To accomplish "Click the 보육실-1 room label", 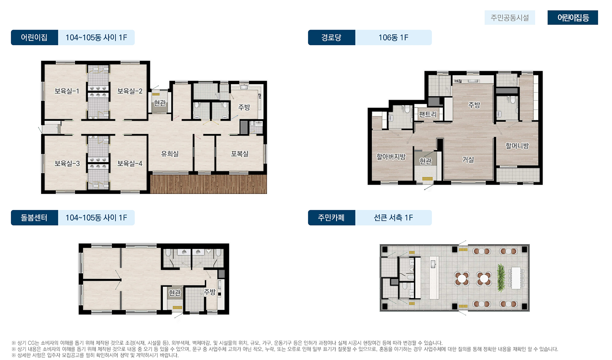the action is pos(67,91).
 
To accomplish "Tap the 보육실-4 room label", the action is pos(130,164).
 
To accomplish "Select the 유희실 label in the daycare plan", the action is pos(170,154).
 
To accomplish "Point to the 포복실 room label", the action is pos(240,154).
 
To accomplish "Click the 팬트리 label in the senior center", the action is pos(427,114).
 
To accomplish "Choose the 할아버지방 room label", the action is pos(391,157).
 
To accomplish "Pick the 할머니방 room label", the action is pos(517,146).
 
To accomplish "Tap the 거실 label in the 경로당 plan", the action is pos(468,160).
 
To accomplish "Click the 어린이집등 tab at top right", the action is pos(573,18).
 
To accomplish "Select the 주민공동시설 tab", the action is pos(510,18).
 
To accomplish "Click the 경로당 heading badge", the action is pos(331,37).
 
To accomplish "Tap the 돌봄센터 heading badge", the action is pos(34,218).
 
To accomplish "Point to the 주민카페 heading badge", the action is pos(331,218).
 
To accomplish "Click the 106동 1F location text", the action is pos(393,37).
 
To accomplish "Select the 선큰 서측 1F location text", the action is pos(393,218).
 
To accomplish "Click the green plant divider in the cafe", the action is pos(500,278).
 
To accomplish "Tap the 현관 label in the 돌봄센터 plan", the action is pos(175,293).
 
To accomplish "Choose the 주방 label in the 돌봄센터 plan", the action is pos(209,292).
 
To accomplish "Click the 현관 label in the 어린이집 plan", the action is pos(159,102).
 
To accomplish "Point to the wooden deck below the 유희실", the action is pos(208,184).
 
